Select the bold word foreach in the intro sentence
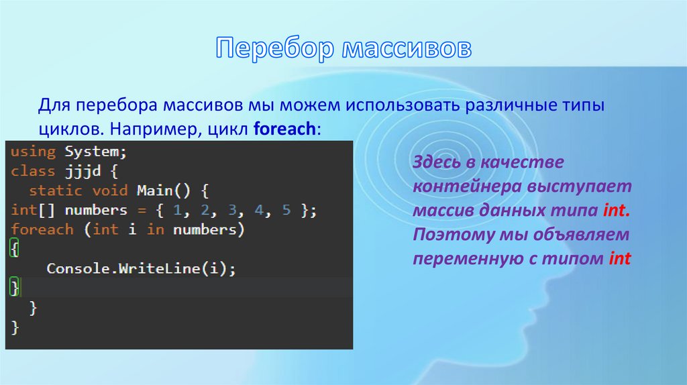284,129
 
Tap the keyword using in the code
33,152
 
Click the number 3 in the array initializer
231,210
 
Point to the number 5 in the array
286,210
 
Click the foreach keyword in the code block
42,229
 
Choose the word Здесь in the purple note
437,163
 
